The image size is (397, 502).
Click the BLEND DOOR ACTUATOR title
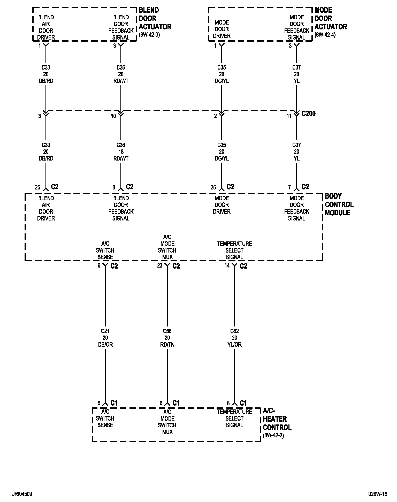[x=155, y=19]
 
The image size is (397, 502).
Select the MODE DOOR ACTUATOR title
[x=331, y=19]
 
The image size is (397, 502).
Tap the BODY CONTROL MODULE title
[x=339, y=204]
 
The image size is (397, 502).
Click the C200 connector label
[x=309, y=113]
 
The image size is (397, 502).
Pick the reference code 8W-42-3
[x=149, y=35]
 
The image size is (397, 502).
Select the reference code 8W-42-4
[x=325, y=35]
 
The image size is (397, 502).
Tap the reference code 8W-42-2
[x=273, y=435]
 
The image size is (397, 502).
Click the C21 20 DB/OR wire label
[x=105, y=338]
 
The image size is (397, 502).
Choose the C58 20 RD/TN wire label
[x=167, y=338]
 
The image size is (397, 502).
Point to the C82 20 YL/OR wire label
[x=234, y=338]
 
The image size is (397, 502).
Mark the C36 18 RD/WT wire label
[x=121, y=152]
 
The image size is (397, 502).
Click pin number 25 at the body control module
[x=38, y=187]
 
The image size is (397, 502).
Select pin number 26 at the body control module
[x=213, y=187]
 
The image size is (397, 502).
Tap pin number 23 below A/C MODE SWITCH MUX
[x=160, y=265]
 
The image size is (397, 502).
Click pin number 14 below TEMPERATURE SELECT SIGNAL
[x=227, y=265]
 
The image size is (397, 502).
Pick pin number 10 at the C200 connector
[x=113, y=116]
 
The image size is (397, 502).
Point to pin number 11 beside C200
[x=289, y=116]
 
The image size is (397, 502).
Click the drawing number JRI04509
[x=22, y=494]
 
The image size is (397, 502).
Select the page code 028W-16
[x=378, y=494]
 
